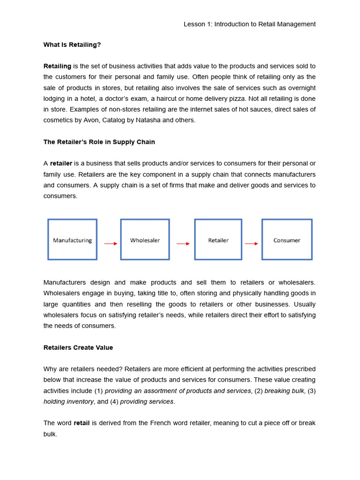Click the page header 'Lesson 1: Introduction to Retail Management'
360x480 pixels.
(249, 24)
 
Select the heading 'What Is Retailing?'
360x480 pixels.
(72, 45)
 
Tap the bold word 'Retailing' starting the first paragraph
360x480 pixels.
(57, 66)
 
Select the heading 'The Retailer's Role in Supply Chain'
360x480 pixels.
(99, 142)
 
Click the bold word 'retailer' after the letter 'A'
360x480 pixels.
(61, 163)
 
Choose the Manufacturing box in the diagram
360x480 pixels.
(72, 240)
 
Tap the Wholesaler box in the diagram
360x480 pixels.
(145, 240)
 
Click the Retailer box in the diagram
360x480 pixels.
(218, 240)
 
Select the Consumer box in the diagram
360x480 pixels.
(287, 240)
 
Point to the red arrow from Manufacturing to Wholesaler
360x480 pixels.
(111, 244)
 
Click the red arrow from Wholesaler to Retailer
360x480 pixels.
(183, 244)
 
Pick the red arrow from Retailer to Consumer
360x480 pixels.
(251, 244)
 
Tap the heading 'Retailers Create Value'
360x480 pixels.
(78, 347)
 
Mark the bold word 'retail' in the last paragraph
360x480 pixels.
(82, 423)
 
